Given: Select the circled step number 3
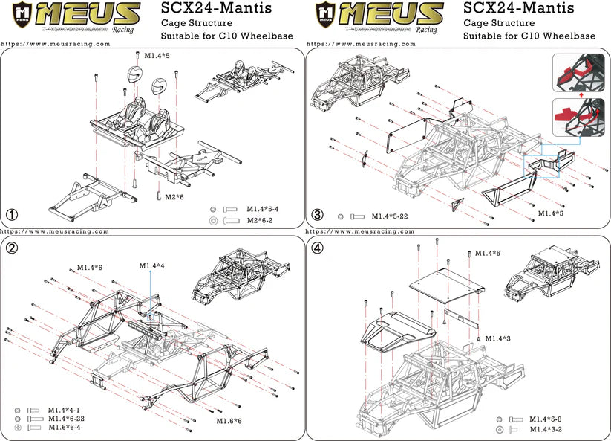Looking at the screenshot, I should [x=317, y=215].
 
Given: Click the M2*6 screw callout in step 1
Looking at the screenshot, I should [x=174, y=196].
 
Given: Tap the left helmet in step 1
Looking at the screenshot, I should [x=134, y=74].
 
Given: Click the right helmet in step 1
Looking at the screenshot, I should [x=159, y=86].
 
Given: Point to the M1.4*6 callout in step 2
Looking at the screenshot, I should [x=89, y=266].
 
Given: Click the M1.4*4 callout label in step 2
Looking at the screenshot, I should [x=151, y=265].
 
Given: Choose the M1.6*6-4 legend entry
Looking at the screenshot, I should [x=65, y=428].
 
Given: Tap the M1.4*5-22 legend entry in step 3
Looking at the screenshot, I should [x=391, y=216].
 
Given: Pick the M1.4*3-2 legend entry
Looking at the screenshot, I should [x=545, y=429].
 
